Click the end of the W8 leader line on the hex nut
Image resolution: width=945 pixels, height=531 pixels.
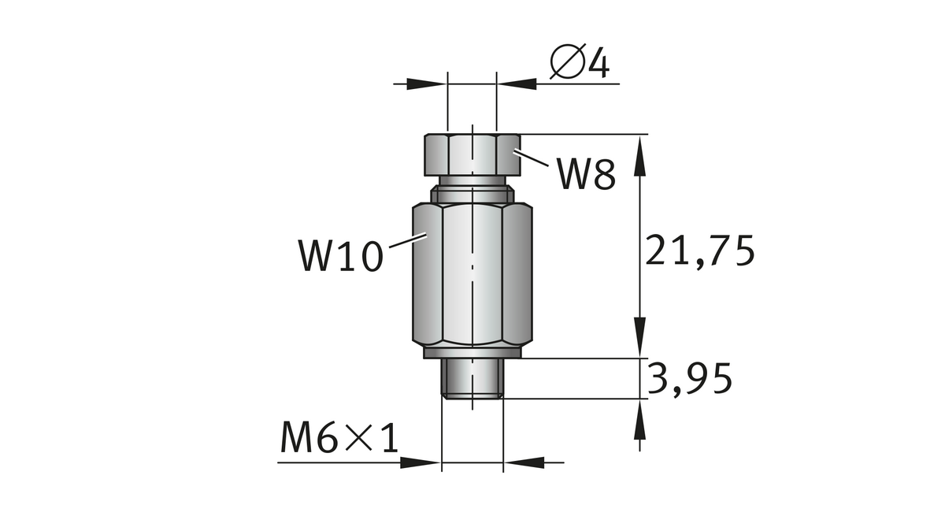tap(513, 150)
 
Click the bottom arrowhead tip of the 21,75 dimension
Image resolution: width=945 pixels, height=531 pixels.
tap(640, 358)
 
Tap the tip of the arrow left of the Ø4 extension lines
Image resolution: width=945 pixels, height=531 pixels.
tap(447, 84)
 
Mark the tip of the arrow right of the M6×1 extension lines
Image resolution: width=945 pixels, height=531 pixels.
tap(503, 462)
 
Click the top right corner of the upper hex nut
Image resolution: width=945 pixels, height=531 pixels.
tap(521, 135)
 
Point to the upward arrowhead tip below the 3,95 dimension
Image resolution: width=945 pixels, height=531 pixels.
tap(640, 399)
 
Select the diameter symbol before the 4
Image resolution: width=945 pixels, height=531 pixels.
tap(569, 61)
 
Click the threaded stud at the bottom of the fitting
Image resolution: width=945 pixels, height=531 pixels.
tap(472, 378)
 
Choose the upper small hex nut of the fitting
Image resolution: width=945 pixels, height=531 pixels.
tap(472, 154)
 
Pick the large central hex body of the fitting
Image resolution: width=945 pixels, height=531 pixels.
tap(472, 275)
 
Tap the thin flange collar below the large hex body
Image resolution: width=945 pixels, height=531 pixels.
tap(472, 353)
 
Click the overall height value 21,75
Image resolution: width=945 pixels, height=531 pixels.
tap(699, 251)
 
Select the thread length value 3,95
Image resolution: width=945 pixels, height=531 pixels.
tap(689, 379)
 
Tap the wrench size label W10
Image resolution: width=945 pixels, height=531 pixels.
tap(341, 255)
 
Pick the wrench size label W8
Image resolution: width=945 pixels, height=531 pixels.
tap(586, 173)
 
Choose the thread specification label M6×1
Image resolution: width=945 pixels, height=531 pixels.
tap(339, 437)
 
